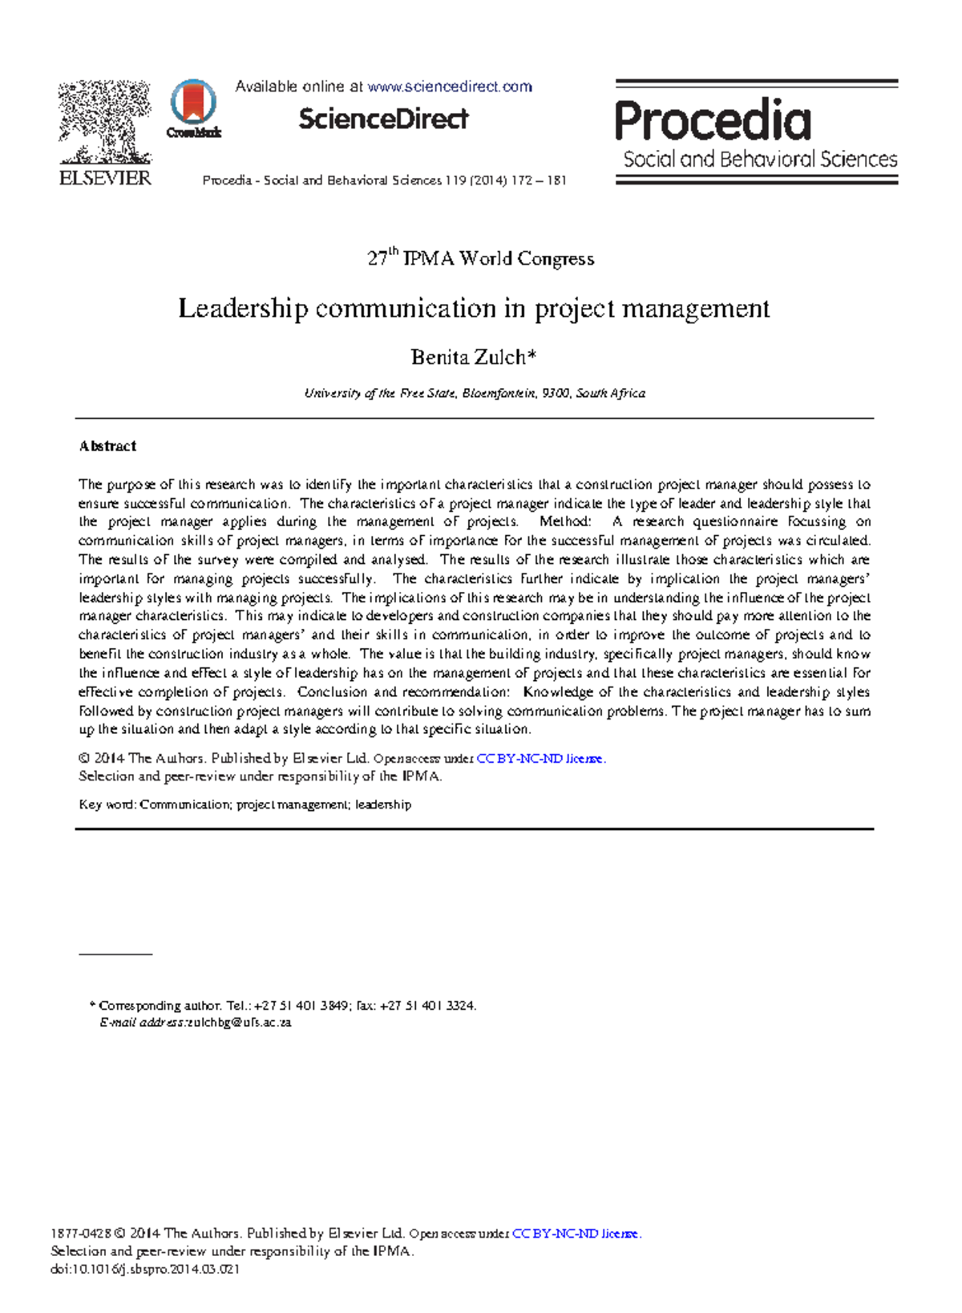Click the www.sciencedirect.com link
449,87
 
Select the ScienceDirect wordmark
383,120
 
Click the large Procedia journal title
713,121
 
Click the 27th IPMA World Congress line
480,258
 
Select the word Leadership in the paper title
242,309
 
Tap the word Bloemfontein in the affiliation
499,394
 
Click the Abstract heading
107,446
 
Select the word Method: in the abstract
566,522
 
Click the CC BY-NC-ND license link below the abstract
540,759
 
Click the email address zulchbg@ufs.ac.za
239,1023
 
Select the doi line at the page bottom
145,1270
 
